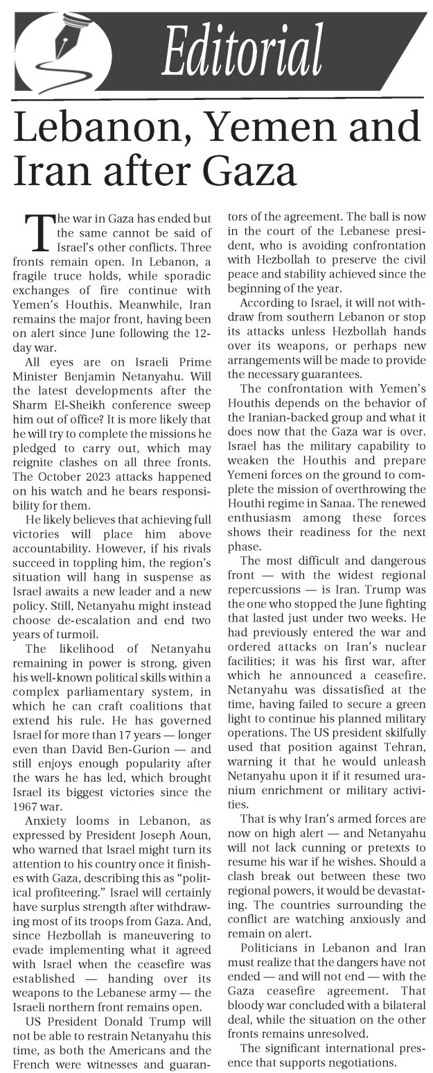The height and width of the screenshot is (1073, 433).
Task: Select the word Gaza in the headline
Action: tap(237, 169)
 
